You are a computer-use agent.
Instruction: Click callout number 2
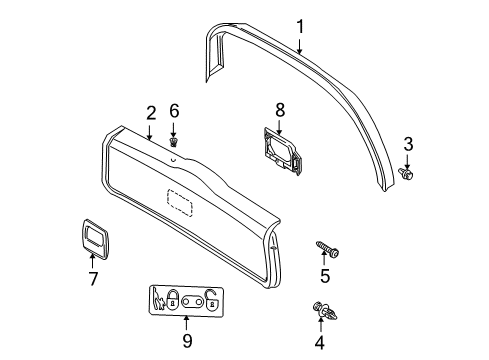point(151,113)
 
